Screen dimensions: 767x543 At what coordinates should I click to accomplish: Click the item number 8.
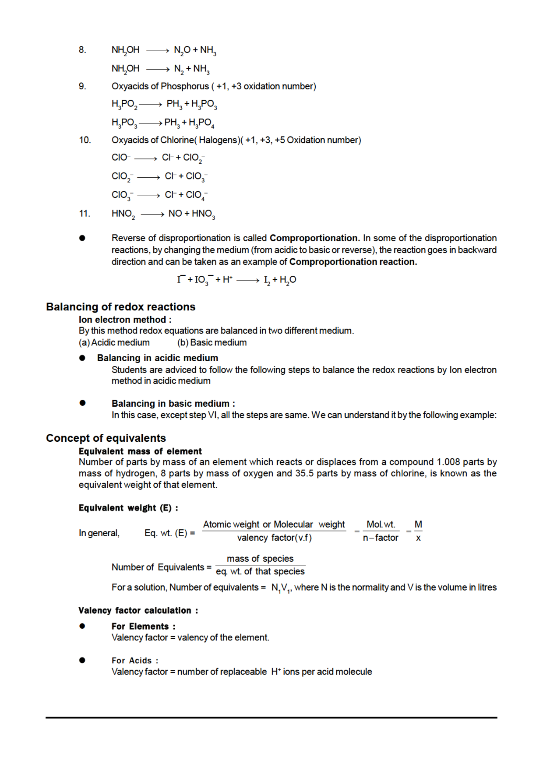tap(82, 50)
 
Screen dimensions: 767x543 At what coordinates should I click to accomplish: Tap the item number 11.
tap(85, 214)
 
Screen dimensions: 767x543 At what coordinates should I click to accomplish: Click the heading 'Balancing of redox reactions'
tap(120, 307)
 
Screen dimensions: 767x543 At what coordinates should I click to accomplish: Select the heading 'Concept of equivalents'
tap(106, 438)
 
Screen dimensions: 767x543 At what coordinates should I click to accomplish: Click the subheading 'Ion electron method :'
tap(125, 320)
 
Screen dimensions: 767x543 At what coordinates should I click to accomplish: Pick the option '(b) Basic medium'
tap(212, 342)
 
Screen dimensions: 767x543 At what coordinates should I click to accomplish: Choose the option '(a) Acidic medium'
tap(114, 342)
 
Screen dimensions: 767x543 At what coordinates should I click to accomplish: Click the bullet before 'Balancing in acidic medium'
tap(82, 358)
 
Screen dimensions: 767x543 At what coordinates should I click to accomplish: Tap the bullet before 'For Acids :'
tap(82, 660)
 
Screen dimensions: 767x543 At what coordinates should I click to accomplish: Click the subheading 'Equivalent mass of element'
tap(140, 451)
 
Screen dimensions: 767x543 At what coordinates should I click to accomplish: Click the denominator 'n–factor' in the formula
tap(381, 538)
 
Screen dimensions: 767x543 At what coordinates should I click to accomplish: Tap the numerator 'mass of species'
tap(260, 559)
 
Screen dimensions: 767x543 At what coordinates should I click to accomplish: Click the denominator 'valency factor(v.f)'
tap(275, 538)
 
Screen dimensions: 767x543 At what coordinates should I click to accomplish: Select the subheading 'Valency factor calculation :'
tap(138, 610)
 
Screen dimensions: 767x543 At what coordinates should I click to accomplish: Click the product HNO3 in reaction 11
tap(203, 214)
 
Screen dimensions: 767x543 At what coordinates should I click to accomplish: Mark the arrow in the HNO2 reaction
tap(152, 214)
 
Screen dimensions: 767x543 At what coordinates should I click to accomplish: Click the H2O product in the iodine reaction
tap(288, 280)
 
